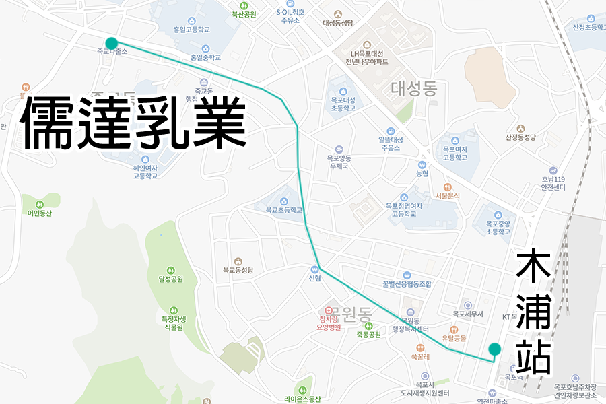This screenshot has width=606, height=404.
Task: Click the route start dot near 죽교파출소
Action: pos(112,43)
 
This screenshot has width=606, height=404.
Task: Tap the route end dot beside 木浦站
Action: pos(494,349)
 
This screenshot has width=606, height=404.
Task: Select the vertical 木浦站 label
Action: pos(535,312)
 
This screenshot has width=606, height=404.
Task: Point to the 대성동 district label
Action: pos(414,88)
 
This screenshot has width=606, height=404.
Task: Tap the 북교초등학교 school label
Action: pos(283,210)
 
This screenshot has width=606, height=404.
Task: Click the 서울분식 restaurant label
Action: pos(447,196)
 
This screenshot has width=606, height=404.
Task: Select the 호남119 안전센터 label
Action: pos(552,183)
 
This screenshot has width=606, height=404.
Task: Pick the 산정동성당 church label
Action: pos(520,137)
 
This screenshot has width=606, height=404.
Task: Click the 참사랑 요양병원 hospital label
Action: pos(330,323)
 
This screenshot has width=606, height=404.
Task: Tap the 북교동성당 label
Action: pos(238,270)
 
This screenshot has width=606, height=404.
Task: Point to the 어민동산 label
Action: pos(40,213)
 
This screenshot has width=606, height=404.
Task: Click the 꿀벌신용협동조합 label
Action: pos(406,283)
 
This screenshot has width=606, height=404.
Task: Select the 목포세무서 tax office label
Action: pos(468,313)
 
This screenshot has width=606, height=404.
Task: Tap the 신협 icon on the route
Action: pos(314,268)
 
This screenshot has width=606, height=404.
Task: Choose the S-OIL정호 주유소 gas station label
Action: pos(290,15)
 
